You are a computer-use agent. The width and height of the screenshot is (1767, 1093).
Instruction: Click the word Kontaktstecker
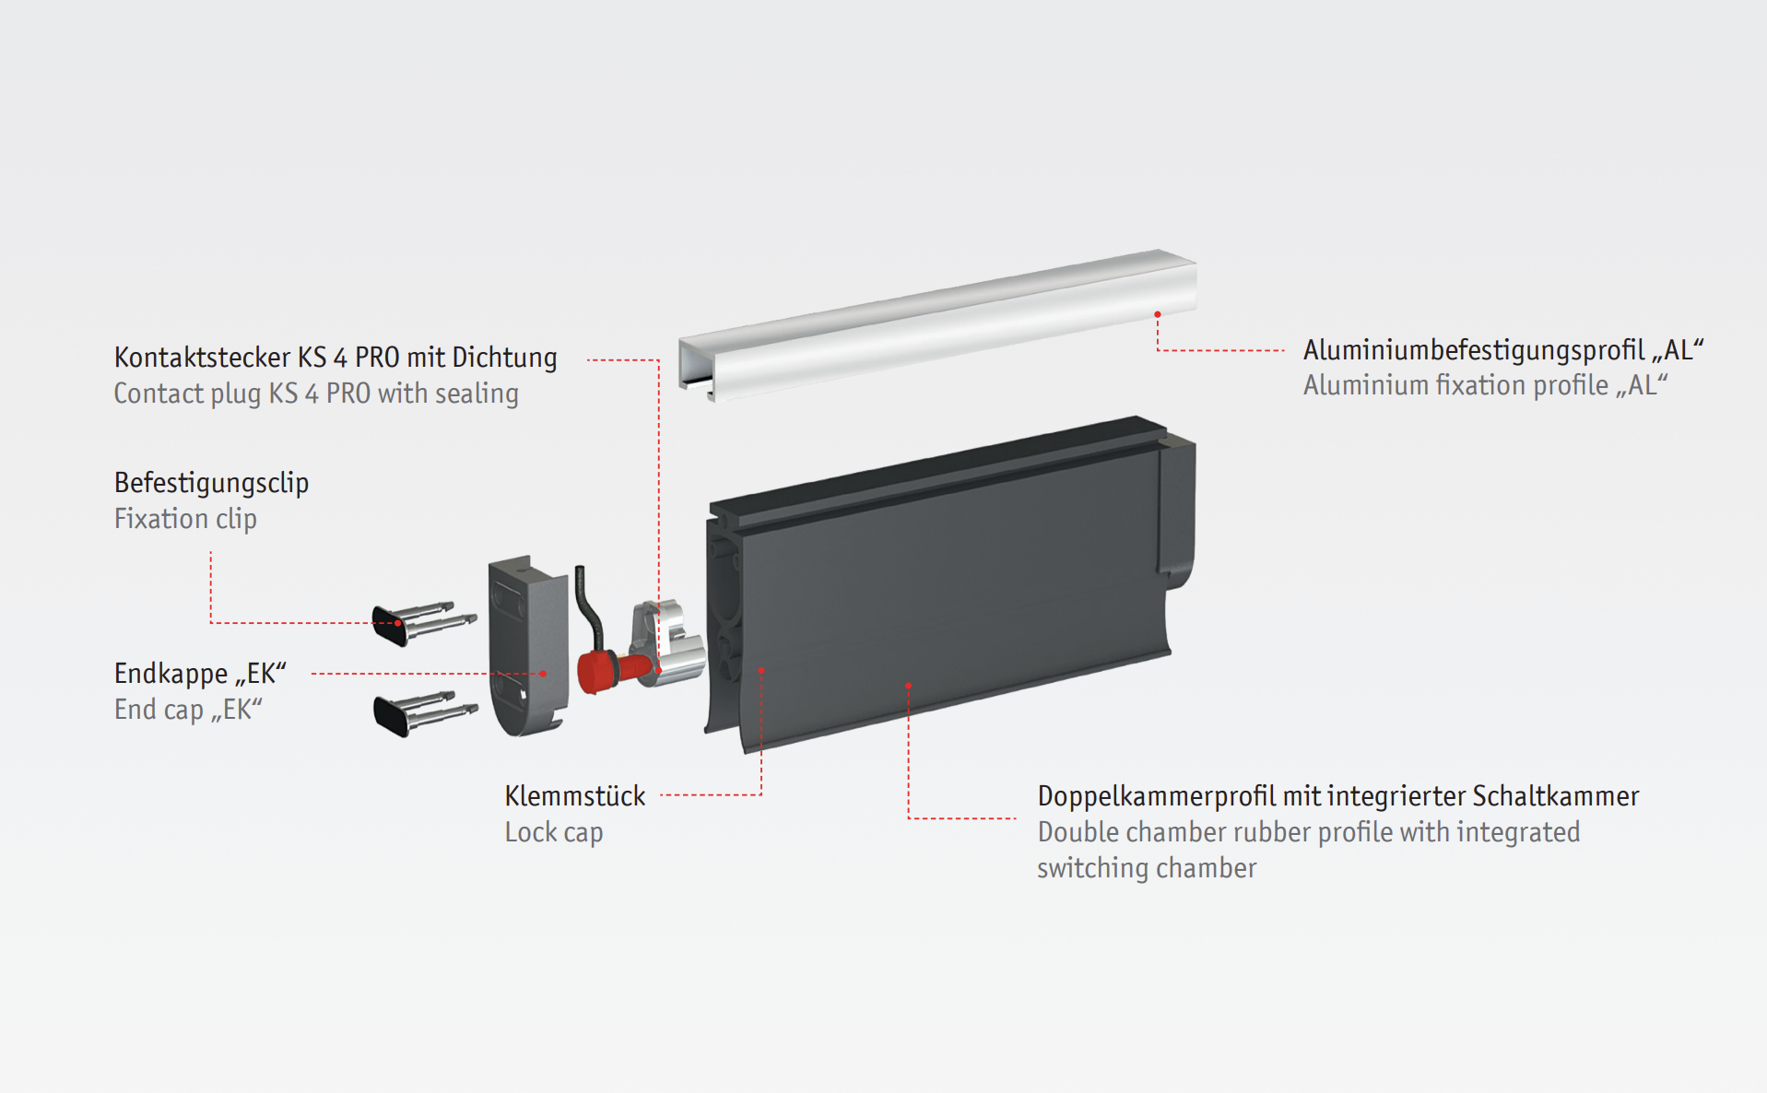tap(202, 358)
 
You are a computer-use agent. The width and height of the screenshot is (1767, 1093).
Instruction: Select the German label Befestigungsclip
tap(211, 483)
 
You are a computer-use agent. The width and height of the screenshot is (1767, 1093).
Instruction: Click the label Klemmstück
tap(574, 796)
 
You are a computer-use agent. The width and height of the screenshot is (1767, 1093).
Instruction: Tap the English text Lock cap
tap(553, 832)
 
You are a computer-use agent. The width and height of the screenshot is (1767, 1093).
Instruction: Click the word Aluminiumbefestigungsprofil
tap(1473, 350)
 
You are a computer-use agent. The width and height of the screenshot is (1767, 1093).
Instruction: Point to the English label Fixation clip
tap(185, 519)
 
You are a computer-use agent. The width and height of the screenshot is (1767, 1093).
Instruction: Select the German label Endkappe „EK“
tap(200, 674)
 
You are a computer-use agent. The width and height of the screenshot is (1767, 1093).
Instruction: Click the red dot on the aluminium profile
tap(1158, 314)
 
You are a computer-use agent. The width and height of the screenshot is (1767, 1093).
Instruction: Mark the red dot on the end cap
tap(543, 674)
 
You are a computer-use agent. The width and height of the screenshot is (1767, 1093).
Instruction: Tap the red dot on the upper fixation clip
tap(397, 623)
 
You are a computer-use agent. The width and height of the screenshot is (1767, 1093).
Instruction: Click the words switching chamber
tap(1147, 868)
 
